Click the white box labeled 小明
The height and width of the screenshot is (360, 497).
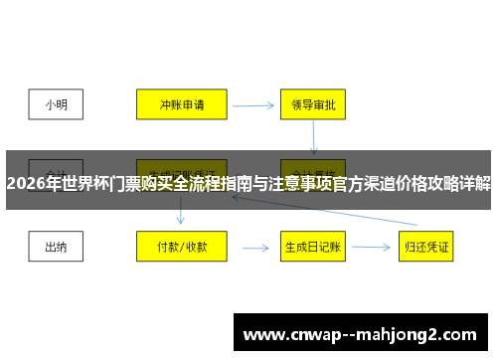pyautogui.click(x=57, y=102)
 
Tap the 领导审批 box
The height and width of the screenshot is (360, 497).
pyautogui.click(x=312, y=102)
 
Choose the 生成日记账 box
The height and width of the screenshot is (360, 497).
pyautogui.click(x=312, y=246)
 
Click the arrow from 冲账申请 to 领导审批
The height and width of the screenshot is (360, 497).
pyautogui.click(x=253, y=102)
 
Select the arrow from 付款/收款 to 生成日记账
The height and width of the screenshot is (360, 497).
pyautogui.click(x=254, y=247)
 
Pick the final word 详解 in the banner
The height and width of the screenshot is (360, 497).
pyautogui.click(x=473, y=184)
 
